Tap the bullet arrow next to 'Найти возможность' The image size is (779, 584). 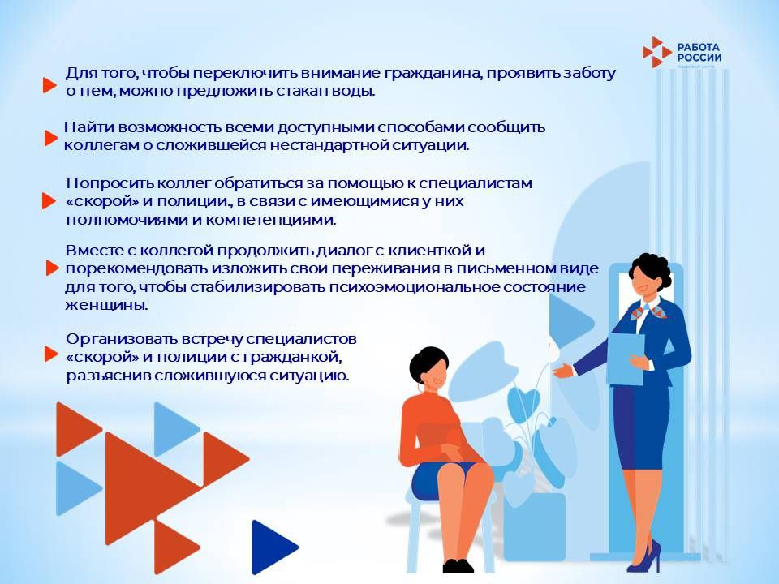tap(50, 139)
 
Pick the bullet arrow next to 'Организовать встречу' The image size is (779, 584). tap(50, 354)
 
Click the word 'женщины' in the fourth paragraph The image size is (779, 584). tap(106, 306)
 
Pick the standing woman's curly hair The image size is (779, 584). tap(652, 271)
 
